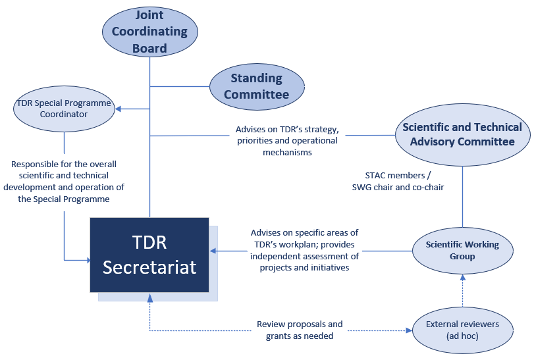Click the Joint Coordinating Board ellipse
coord(150,32)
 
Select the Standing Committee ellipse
coord(257,86)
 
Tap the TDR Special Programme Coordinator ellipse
coord(63,109)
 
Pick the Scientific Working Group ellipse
coord(462,250)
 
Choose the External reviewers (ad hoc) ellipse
coord(462,330)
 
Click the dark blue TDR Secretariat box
coord(149,255)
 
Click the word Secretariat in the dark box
coord(149,267)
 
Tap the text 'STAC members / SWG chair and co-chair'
coord(398,181)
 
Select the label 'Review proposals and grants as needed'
coord(300,330)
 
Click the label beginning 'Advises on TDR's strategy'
coord(286,140)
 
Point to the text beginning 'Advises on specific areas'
coord(304,250)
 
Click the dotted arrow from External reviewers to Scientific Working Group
coord(462,291)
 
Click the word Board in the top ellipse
coord(149,48)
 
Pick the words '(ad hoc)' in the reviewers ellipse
coord(462,336)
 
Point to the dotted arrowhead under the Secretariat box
coord(150,297)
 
